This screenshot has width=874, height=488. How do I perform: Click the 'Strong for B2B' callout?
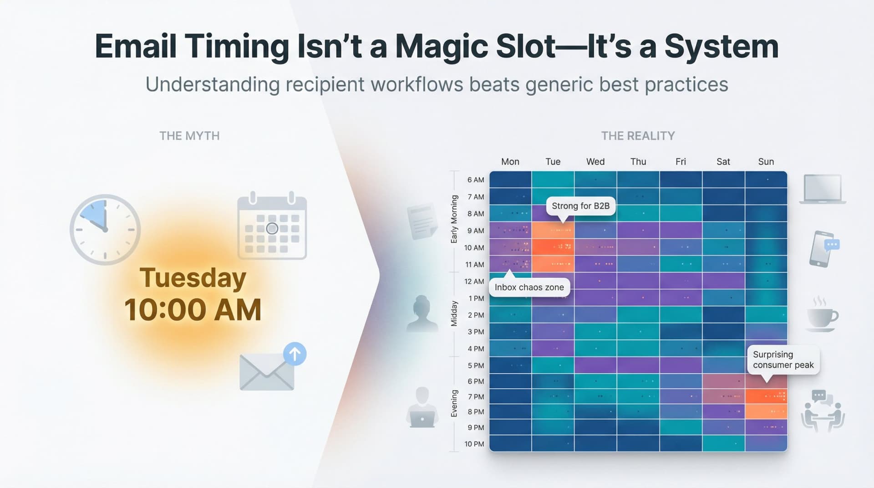580,206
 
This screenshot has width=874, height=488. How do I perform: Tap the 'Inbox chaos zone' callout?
529,288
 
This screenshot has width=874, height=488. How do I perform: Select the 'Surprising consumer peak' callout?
783,360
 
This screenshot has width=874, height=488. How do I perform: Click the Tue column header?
553,162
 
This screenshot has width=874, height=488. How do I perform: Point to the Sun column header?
766,162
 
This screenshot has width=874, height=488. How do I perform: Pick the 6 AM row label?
475,180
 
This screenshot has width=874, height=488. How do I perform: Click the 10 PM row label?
474,444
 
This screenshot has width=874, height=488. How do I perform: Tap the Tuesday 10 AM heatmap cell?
553,247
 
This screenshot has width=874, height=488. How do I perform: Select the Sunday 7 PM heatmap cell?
766,396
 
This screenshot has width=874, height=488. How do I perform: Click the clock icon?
105,230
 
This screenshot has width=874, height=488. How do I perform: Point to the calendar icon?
272,226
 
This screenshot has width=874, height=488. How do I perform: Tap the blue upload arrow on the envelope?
295,354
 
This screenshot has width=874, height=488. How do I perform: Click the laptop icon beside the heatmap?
823,189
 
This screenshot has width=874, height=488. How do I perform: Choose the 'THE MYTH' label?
189,136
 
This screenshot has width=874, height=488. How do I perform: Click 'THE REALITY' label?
638,136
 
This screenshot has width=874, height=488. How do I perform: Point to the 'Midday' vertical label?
454,314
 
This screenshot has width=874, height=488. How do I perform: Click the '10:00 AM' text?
193,310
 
